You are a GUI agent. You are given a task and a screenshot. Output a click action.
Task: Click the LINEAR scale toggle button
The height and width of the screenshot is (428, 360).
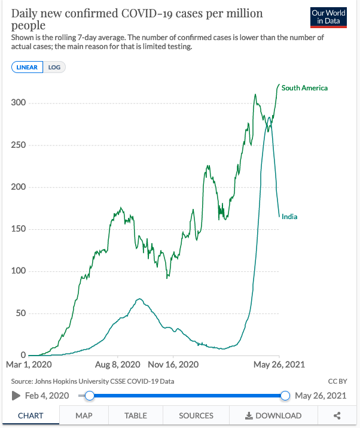(x=28, y=67)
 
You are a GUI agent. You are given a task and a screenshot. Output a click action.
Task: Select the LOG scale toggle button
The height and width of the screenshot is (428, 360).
(x=54, y=67)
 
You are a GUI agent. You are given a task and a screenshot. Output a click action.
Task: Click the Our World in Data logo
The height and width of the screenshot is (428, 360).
(x=328, y=18)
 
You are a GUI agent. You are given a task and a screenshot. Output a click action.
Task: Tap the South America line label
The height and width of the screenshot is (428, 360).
(x=304, y=88)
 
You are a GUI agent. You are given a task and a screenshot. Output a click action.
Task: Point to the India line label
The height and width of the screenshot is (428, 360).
(x=289, y=217)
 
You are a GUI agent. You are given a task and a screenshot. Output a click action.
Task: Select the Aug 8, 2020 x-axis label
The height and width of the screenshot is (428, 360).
(x=117, y=364)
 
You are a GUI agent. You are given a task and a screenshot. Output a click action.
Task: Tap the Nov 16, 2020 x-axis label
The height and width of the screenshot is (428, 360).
(x=173, y=364)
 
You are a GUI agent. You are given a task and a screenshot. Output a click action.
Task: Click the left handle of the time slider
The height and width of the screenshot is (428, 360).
(x=90, y=395)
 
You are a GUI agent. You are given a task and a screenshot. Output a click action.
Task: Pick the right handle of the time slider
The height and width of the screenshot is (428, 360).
(x=285, y=395)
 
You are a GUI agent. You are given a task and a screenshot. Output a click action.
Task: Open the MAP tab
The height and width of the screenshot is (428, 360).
(x=84, y=415)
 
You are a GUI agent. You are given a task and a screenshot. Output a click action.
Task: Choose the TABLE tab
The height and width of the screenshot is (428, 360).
(x=136, y=415)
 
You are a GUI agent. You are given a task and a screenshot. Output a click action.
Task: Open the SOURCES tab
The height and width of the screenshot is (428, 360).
(x=196, y=415)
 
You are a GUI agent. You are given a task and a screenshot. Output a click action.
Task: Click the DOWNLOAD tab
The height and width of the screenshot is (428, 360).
(x=273, y=415)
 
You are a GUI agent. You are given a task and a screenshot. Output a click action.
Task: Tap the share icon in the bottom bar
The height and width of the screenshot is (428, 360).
(x=337, y=415)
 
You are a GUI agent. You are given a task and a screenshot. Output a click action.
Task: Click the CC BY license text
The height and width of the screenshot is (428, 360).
(x=337, y=381)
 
